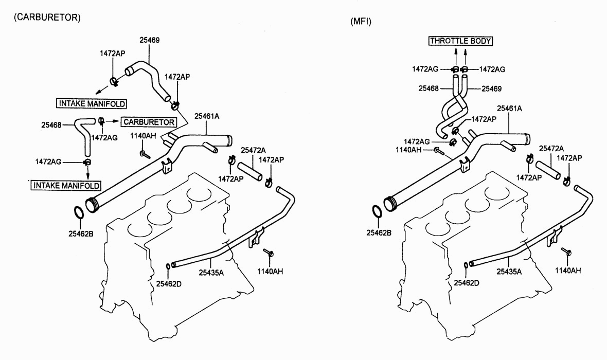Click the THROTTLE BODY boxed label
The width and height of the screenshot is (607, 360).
(460, 41)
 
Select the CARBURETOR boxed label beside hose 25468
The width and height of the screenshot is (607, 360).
(149, 122)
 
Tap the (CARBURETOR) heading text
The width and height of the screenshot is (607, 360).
(47, 17)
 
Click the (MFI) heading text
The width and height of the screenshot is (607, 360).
(361, 22)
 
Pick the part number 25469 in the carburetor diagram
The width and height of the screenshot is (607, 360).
(149, 40)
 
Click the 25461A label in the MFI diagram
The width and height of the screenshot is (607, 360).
(509, 109)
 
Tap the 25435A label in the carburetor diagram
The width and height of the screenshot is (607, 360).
(211, 273)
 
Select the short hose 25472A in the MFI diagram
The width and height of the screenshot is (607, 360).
(548, 170)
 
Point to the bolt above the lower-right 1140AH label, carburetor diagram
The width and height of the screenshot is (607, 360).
(269, 253)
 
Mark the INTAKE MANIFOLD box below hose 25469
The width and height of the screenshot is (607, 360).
(92, 103)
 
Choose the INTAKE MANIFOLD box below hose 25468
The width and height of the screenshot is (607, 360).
(66, 186)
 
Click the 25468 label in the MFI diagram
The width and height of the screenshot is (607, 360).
(429, 88)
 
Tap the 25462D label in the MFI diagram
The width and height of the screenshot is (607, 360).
(467, 283)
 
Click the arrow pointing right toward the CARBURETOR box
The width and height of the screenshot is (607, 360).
(112, 121)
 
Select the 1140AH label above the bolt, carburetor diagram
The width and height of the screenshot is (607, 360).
(143, 136)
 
